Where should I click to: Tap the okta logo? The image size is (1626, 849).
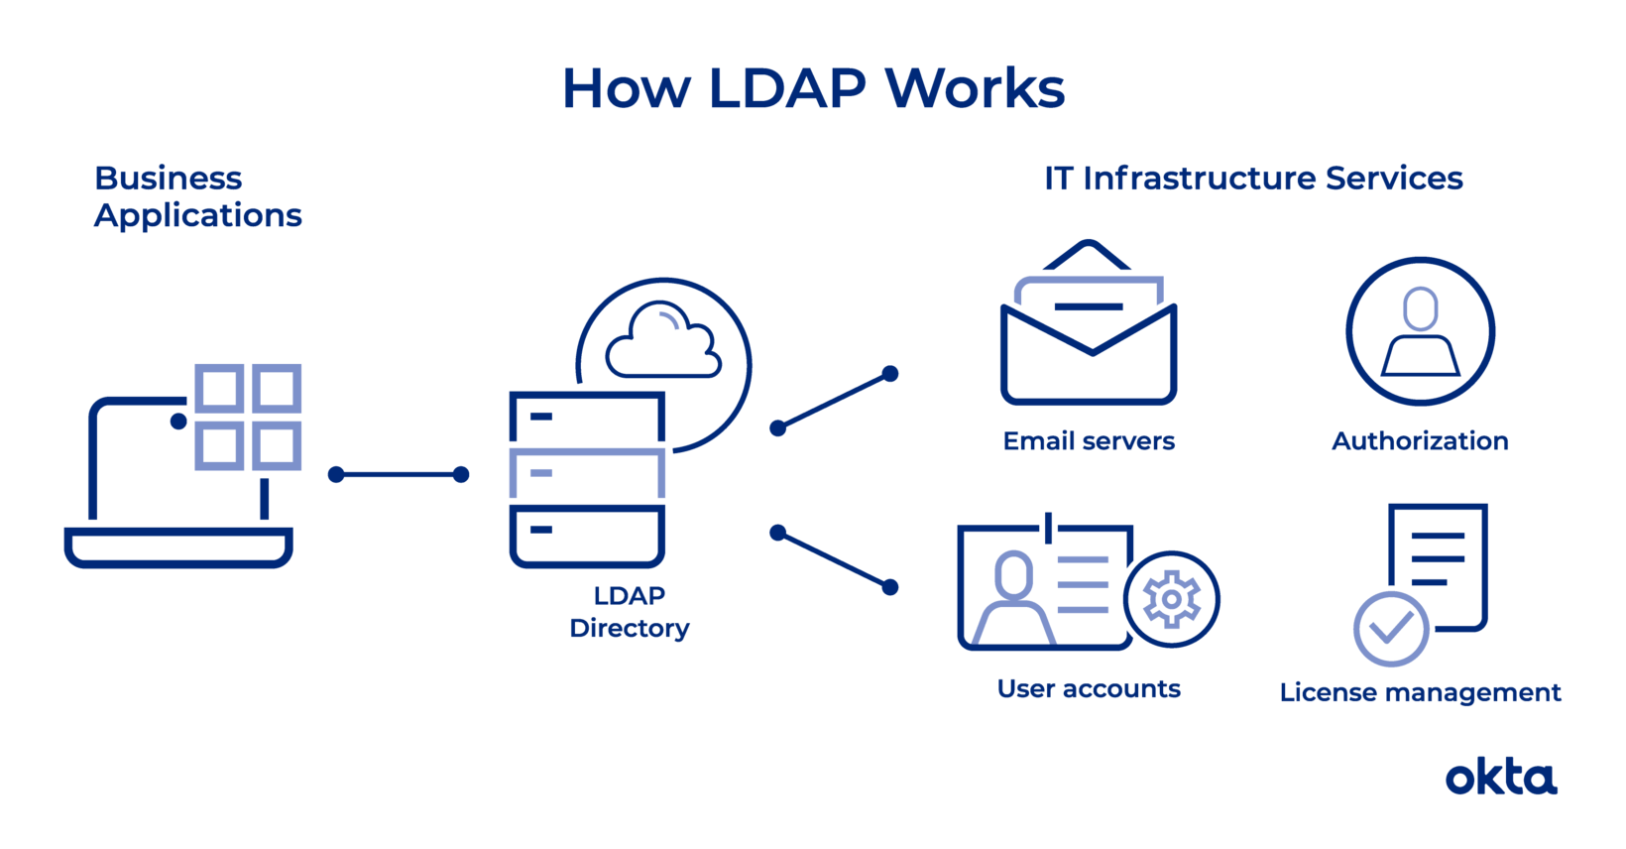pyautogui.click(x=1500, y=779)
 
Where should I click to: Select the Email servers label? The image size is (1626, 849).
pyautogui.click(x=1089, y=441)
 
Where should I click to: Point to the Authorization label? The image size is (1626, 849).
pyautogui.click(x=1420, y=441)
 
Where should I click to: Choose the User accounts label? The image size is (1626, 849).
pyautogui.click(x=1089, y=688)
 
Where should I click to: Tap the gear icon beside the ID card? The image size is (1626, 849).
pyautogui.click(x=1172, y=599)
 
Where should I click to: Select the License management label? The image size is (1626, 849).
pyautogui.click(x=1420, y=692)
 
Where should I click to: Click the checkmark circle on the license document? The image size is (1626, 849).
pyautogui.click(x=1391, y=629)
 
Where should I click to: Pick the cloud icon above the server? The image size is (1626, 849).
pyautogui.click(x=663, y=342)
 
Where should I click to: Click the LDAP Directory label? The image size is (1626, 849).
pyautogui.click(x=630, y=612)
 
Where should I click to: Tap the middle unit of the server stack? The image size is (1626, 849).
pyautogui.click(x=587, y=474)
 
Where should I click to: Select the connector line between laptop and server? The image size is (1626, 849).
pyautogui.click(x=399, y=475)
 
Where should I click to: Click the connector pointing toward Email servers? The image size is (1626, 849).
pyautogui.click(x=834, y=401)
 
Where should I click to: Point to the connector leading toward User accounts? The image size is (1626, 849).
pyautogui.click(x=834, y=560)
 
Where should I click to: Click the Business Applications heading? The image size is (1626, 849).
pyautogui.click(x=197, y=196)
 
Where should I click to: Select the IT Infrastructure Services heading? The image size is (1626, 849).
pyautogui.click(x=1253, y=179)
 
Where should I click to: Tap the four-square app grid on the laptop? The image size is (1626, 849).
pyautogui.click(x=248, y=417)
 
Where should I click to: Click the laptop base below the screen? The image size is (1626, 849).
pyautogui.click(x=178, y=546)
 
